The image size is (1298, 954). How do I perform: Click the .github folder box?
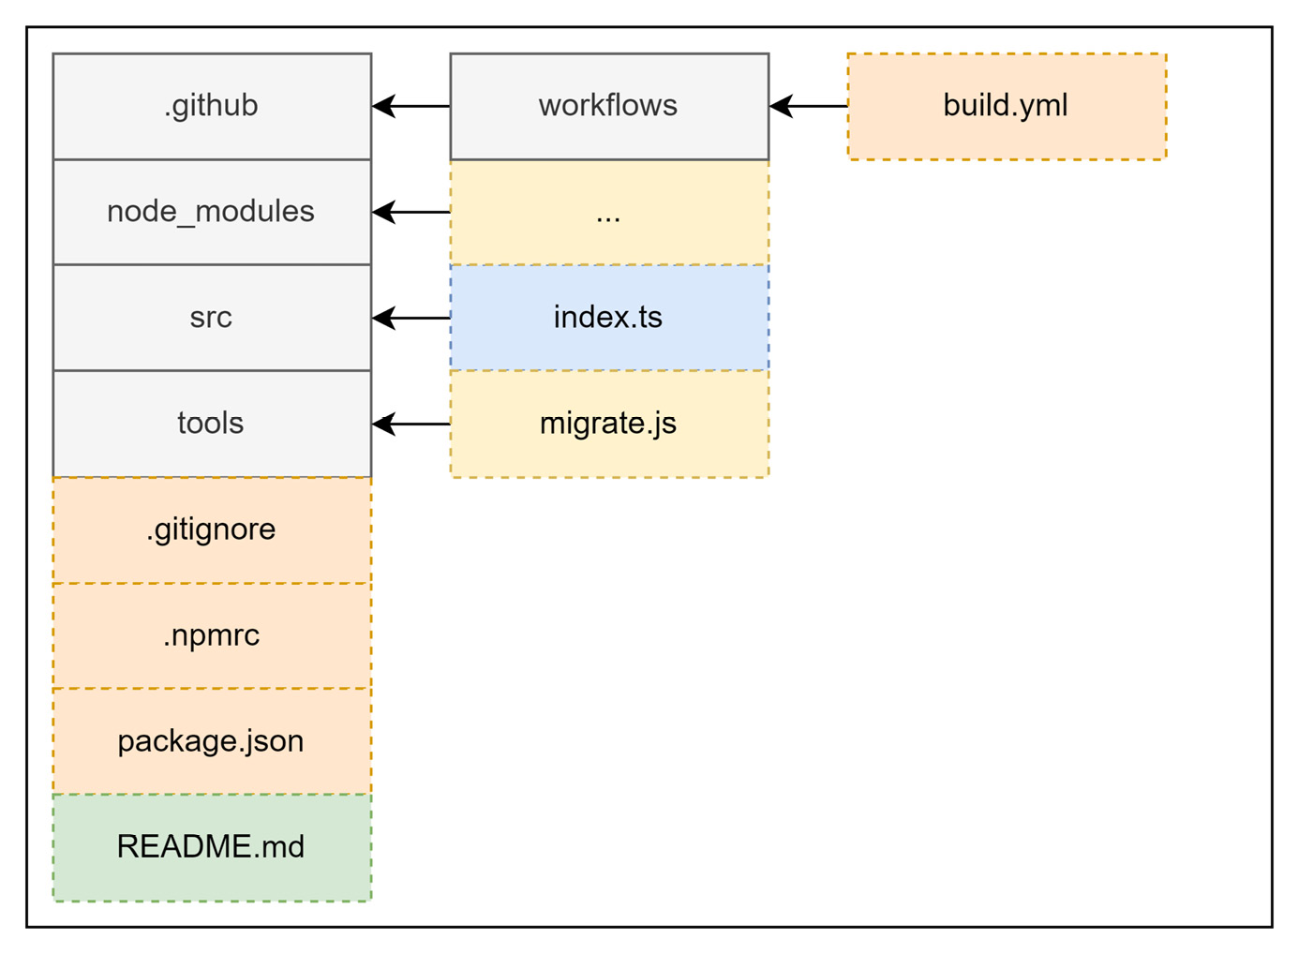212,106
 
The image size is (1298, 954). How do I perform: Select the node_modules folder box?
212,212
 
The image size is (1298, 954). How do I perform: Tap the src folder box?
212,318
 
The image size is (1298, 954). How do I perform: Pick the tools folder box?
212,424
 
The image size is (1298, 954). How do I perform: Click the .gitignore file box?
212,529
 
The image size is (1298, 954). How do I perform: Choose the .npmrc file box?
212,635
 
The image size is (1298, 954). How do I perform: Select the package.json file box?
212,741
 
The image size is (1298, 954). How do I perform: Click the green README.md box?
212,847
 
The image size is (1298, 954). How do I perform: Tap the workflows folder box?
609,106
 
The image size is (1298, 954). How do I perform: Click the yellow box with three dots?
609,213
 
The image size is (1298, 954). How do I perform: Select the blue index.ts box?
609,318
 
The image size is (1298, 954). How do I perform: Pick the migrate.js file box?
609,424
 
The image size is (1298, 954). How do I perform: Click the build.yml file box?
1007,106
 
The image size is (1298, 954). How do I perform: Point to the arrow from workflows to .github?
411,106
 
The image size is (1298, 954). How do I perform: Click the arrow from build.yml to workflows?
809,106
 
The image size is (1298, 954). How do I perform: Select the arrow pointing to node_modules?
411,212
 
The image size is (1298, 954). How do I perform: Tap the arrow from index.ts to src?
411,318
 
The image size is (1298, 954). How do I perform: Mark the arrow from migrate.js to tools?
411,424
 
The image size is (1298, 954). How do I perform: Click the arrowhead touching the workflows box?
780,106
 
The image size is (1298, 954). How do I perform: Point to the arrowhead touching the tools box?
382,424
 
